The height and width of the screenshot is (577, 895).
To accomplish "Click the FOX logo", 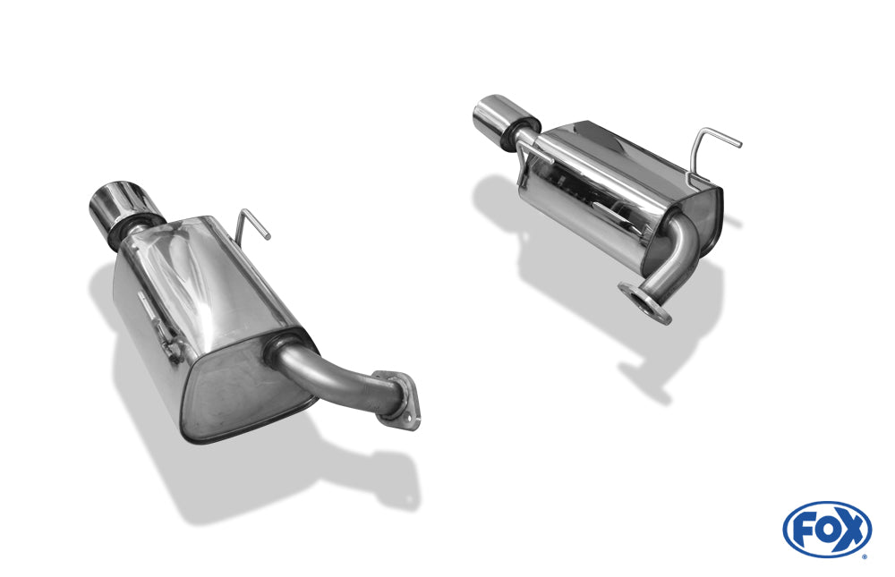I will [826, 529].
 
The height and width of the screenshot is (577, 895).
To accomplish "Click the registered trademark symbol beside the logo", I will [864, 556].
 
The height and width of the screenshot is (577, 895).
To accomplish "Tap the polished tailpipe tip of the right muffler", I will [495, 116].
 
